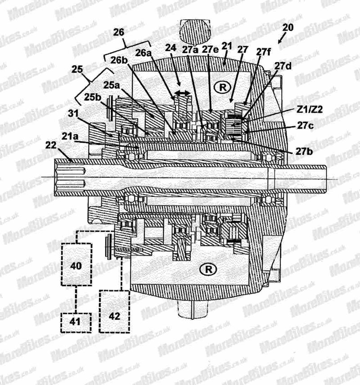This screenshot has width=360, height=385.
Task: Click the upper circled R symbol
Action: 222,87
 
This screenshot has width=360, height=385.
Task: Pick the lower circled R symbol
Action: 208,269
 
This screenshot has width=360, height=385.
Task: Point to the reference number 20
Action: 288,27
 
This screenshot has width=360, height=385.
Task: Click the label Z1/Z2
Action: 310,109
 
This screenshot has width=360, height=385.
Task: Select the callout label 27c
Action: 306,125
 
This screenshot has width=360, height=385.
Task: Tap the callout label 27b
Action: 304,152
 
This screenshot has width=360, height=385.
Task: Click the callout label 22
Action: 51,145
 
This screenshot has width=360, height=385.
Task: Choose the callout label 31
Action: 73,113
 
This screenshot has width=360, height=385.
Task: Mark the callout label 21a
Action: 70,136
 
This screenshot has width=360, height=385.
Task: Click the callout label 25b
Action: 93,97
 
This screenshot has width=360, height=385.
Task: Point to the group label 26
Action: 119,32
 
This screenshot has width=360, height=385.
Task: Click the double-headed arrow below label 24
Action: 182,93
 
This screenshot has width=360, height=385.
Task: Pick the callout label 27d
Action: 283,66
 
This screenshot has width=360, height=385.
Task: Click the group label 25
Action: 77,69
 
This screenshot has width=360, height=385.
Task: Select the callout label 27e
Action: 210,49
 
